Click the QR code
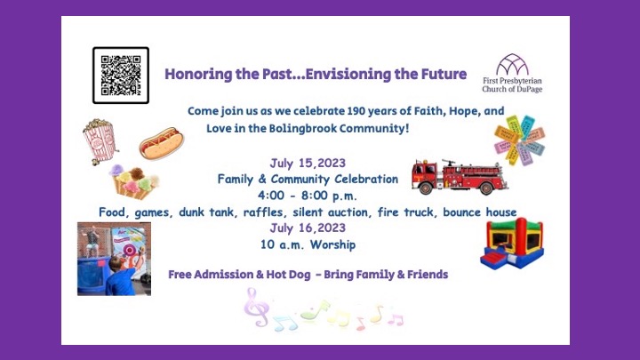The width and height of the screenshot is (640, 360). (121, 76)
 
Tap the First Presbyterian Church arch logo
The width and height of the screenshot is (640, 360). (512, 65)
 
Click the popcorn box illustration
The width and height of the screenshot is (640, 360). (100, 141)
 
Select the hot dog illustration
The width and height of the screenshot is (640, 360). (162, 143)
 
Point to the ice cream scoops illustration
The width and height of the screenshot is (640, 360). (134, 181)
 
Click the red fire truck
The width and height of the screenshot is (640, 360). (460, 177)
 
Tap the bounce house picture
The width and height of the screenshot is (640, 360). (512, 244)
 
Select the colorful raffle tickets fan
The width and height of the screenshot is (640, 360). (519, 140)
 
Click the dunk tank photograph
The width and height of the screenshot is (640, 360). (115, 259)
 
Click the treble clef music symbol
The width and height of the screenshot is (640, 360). (255, 307)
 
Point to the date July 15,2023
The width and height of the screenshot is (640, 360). (308, 164)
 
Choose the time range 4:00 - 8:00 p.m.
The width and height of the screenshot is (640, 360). (308, 196)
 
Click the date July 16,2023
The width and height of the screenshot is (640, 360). (308, 228)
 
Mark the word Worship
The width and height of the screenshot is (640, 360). (332, 244)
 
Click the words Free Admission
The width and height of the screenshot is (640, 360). (212, 275)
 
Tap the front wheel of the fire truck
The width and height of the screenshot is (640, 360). (425, 188)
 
